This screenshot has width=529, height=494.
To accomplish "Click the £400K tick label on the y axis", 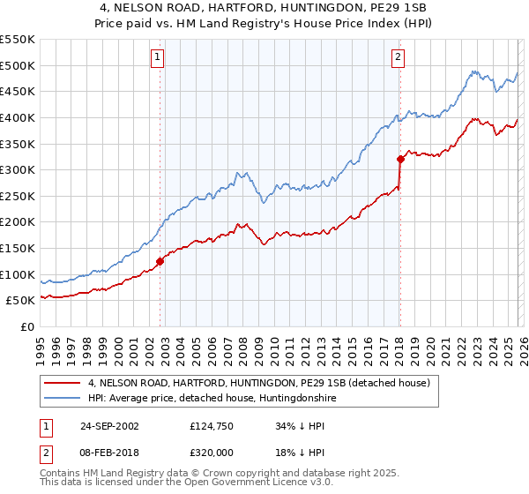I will (x=18, y=117).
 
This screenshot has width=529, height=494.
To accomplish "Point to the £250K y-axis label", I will (x=18, y=196).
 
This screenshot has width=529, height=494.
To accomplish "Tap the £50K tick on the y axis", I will (x=20, y=301).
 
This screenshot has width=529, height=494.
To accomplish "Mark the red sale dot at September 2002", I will (x=160, y=261).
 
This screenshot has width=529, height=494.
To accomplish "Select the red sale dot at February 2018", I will (x=400, y=159).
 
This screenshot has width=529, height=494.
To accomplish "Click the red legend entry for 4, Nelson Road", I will (x=257, y=383).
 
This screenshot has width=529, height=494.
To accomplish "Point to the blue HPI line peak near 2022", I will (x=473, y=71).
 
